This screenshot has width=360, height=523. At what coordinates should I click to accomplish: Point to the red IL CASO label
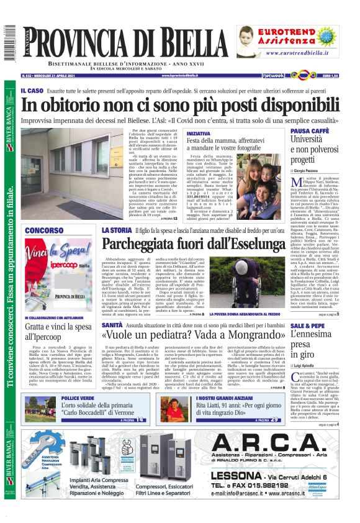click(x=31, y=91)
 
